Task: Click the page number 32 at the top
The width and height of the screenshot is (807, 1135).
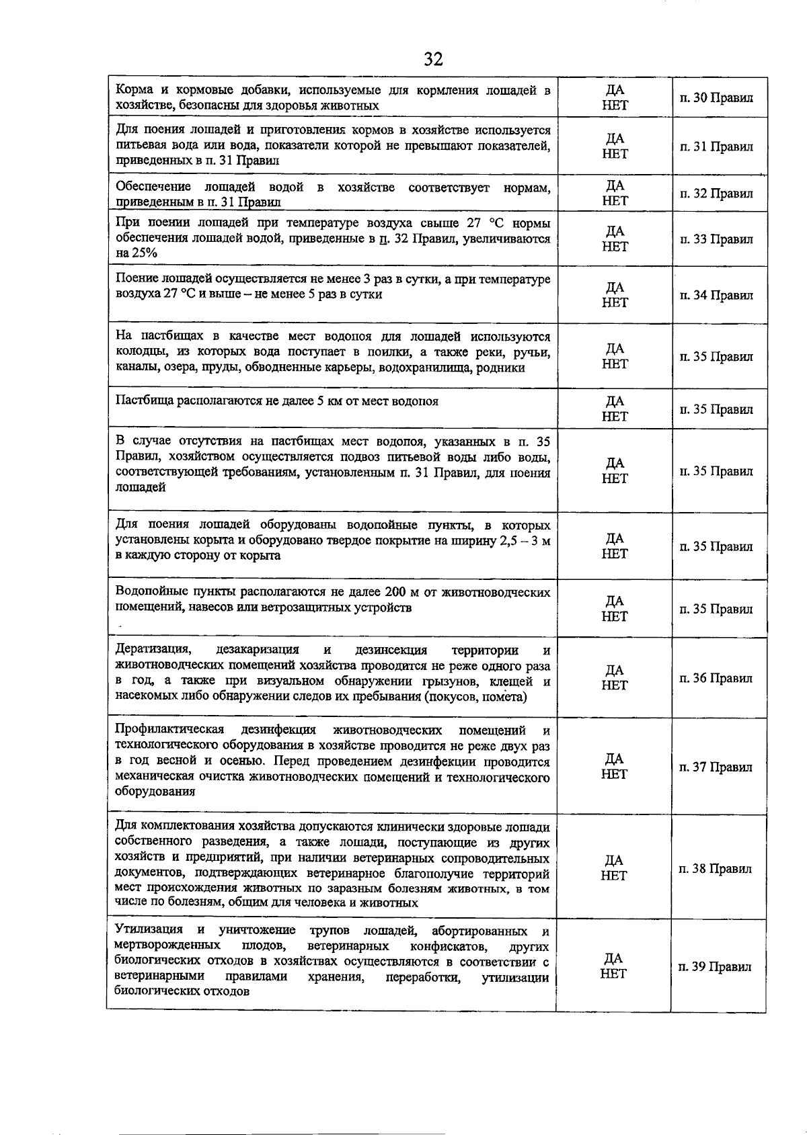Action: point(434,60)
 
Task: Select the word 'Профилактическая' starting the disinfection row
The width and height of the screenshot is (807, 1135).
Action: point(169,730)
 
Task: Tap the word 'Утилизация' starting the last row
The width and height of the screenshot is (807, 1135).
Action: point(149,931)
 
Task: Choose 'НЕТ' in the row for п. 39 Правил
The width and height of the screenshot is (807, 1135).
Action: point(614,974)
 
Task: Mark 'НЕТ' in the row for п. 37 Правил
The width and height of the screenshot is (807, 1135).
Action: point(614,774)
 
